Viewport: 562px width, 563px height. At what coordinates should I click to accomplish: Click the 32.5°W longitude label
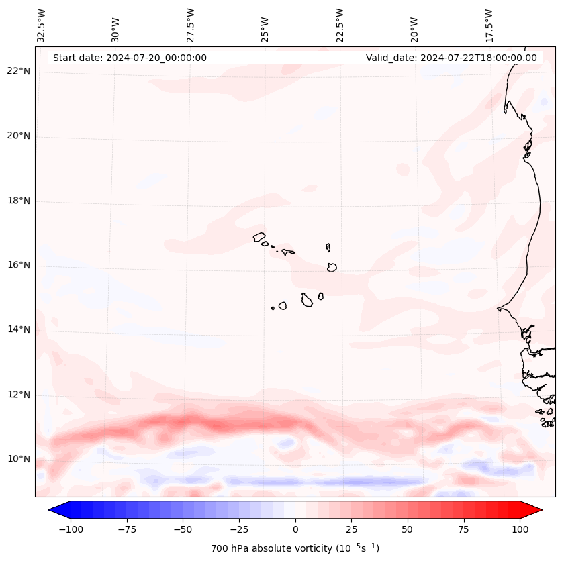pyautogui.click(x=42, y=25)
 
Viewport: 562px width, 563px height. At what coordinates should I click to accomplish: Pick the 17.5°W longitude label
pyautogui.click(x=489, y=25)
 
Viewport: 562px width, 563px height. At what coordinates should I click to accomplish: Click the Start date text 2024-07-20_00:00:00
pyautogui.click(x=130, y=58)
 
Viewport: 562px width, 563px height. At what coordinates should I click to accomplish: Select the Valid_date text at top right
pyautogui.click(x=451, y=58)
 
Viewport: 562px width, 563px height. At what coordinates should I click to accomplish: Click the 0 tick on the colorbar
pyautogui.click(x=295, y=529)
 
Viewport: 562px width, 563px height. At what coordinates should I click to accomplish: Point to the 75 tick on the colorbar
pyautogui.click(x=464, y=529)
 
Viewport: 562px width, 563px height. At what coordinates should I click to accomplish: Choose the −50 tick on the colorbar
pyautogui.click(x=183, y=529)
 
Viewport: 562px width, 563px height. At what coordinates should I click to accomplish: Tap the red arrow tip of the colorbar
pyautogui.click(x=534, y=510)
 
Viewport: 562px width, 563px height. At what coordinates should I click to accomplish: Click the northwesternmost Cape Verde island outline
pyautogui.click(x=259, y=236)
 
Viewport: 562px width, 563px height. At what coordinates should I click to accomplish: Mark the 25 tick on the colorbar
pyautogui.click(x=352, y=529)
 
